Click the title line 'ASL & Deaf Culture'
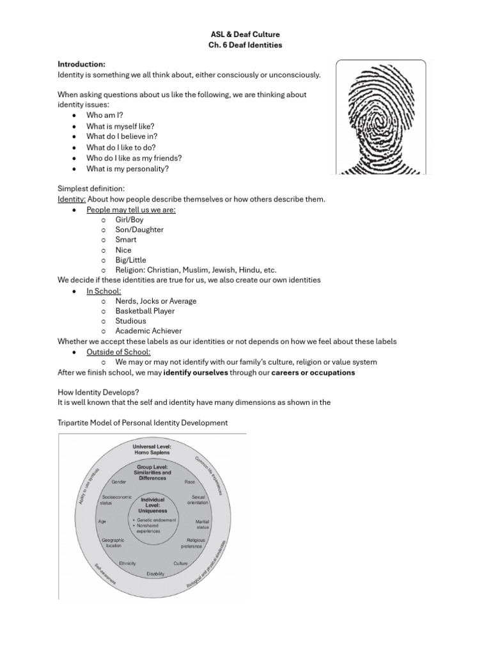click(x=245, y=34)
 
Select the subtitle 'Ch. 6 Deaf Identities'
click(x=245, y=45)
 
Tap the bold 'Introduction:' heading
click(x=82, y=65)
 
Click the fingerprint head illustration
click(x=380, y=116)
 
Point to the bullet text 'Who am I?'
click(x=105, y=115)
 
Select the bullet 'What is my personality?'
click(x=128, y=169)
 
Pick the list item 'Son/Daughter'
click(x=139, y=230)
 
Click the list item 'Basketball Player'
click(x=144, y=311)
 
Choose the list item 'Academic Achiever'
click(x=146, y=331)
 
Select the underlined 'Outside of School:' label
click(x=119, y=352)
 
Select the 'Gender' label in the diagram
click(x=118, y=482)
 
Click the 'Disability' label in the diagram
click(x=155, y=574)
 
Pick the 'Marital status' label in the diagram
click(x=203, y=525)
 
